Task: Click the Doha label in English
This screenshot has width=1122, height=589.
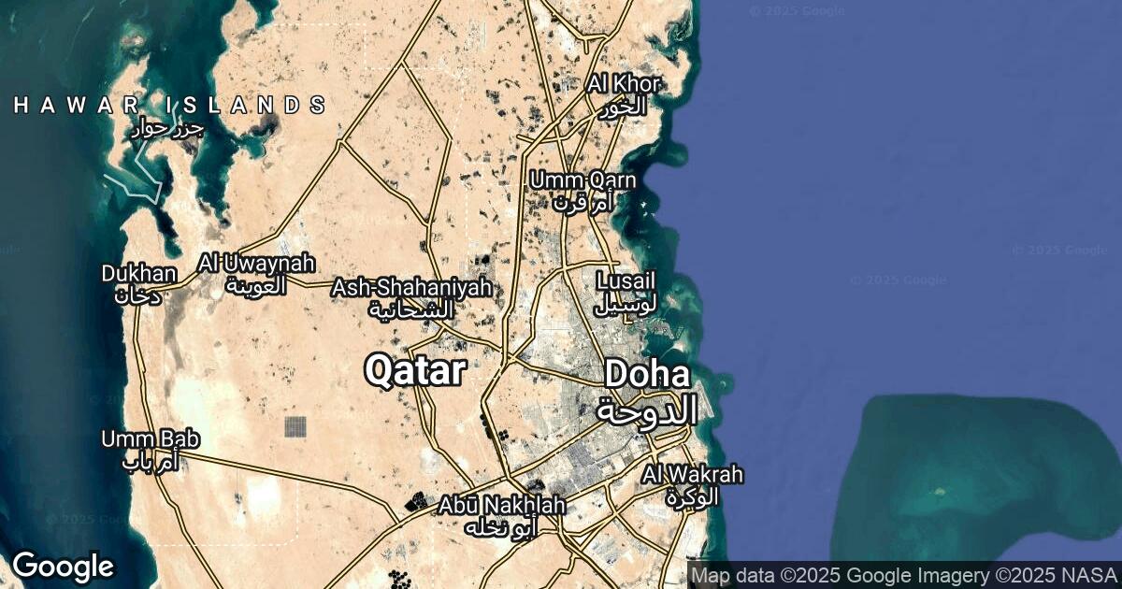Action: (x=647, y=375)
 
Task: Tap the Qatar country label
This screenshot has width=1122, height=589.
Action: (x=414, y=371)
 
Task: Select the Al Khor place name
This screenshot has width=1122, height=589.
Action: (x=624, y=84)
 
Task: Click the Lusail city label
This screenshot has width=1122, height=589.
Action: (x=626, y=280)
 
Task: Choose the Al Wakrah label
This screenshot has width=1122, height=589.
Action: (x=693, y=474)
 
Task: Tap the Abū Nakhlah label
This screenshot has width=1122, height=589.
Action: (x=502, y=506)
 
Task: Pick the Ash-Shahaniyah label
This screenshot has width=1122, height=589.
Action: (x=411, y=288)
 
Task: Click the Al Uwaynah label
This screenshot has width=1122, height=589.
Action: (x=256, y=265)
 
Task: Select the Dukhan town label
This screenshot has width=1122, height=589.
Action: (x=139, y=274)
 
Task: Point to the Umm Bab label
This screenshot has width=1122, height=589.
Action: (x=151, y=438)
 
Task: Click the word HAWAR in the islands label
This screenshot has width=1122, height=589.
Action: (x=76, y=105)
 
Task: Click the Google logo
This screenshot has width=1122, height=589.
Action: (x=63, y=567)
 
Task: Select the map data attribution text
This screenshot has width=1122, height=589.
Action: (x=902, y=574)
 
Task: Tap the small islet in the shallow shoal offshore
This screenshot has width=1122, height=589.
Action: (x=939, y=490)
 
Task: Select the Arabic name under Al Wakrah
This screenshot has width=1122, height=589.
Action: (x=693, y=496)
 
